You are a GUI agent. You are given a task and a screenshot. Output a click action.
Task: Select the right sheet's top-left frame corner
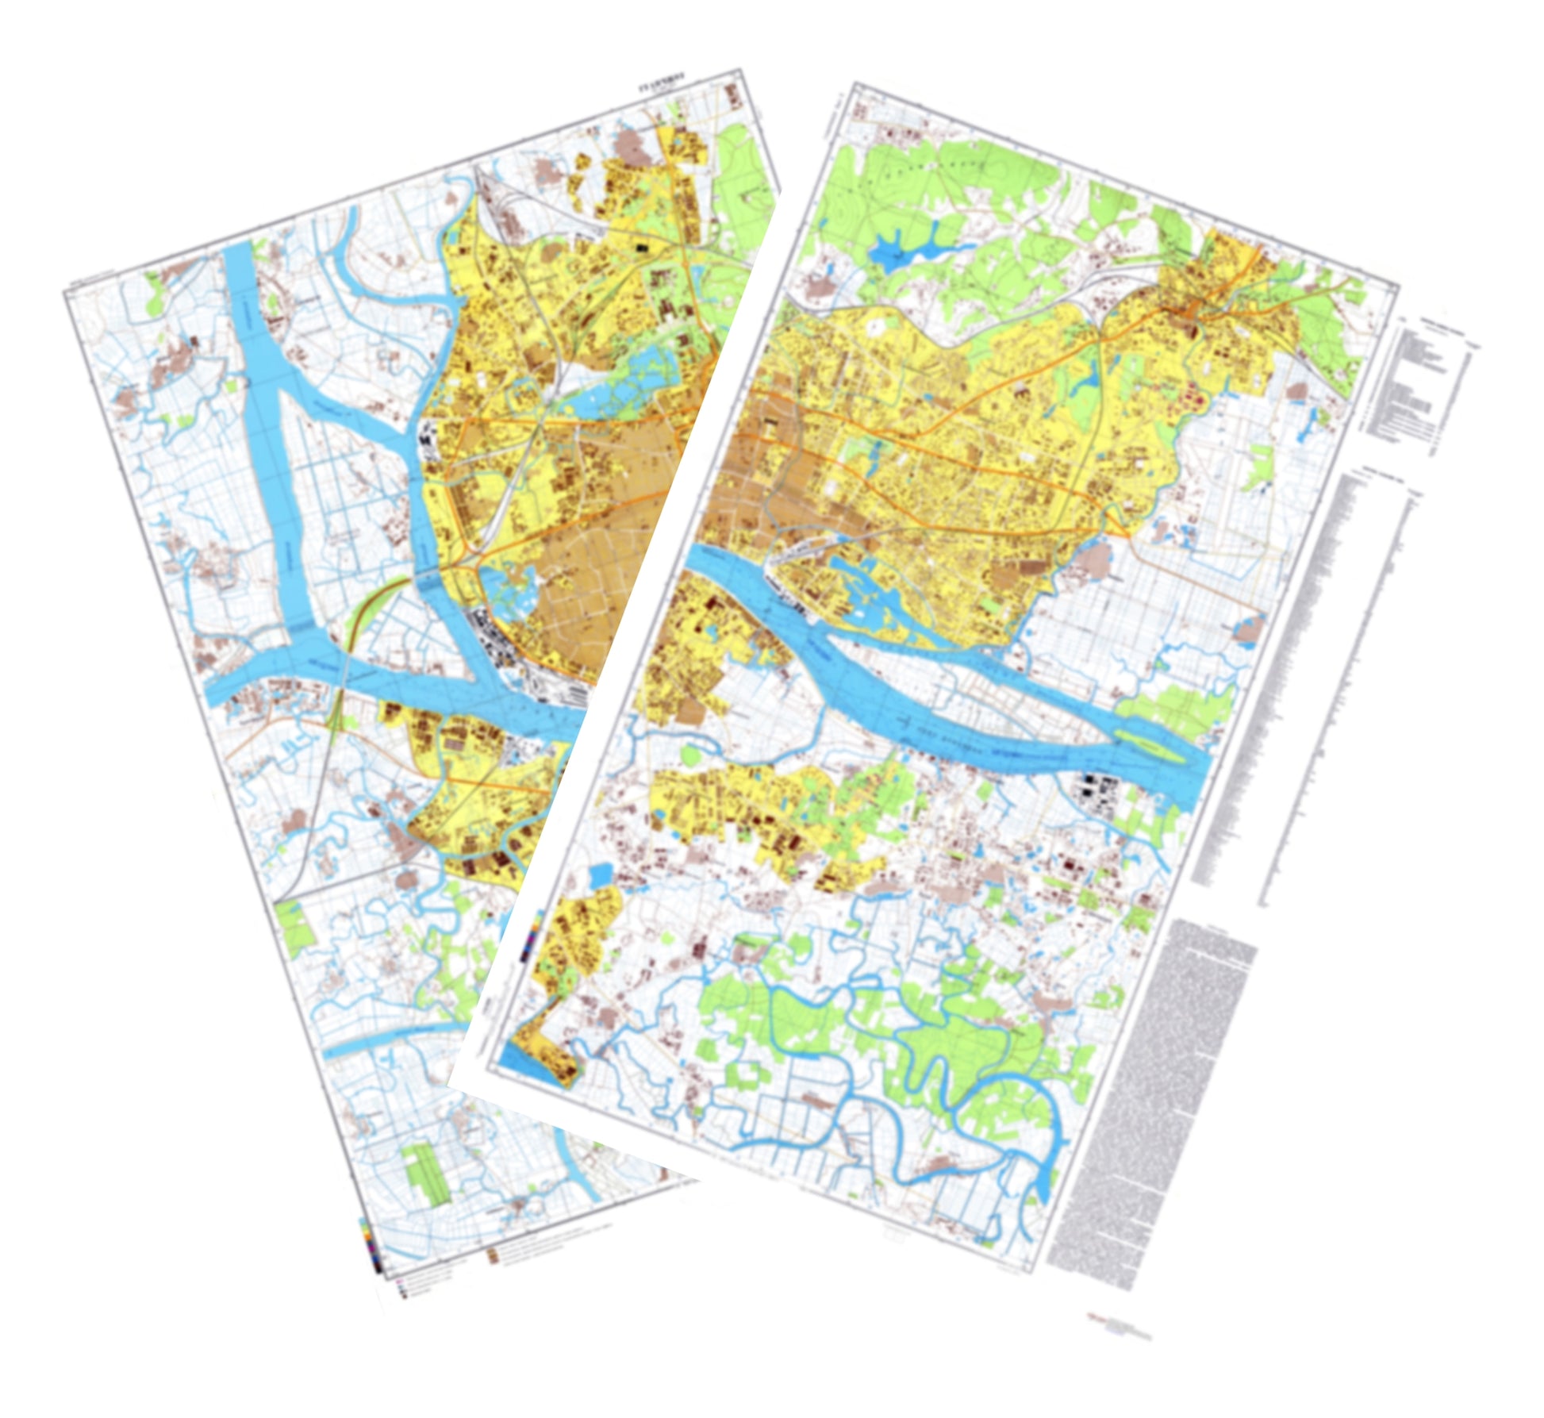pyautogui.click(x=853, y=83)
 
